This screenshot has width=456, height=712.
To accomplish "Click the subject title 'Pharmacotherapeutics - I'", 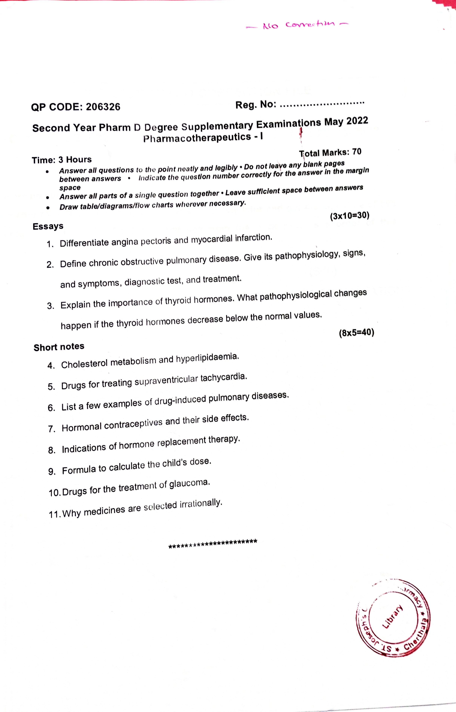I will point(203,138).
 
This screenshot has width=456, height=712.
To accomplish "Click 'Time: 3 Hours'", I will point(62,160).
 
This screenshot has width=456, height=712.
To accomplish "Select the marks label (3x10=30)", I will point(349,216).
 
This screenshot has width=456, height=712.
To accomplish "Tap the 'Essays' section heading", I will point(48,226).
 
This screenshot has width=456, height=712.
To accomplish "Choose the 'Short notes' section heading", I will point(59,347).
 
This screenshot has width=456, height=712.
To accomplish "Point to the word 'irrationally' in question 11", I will point(201,504).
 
